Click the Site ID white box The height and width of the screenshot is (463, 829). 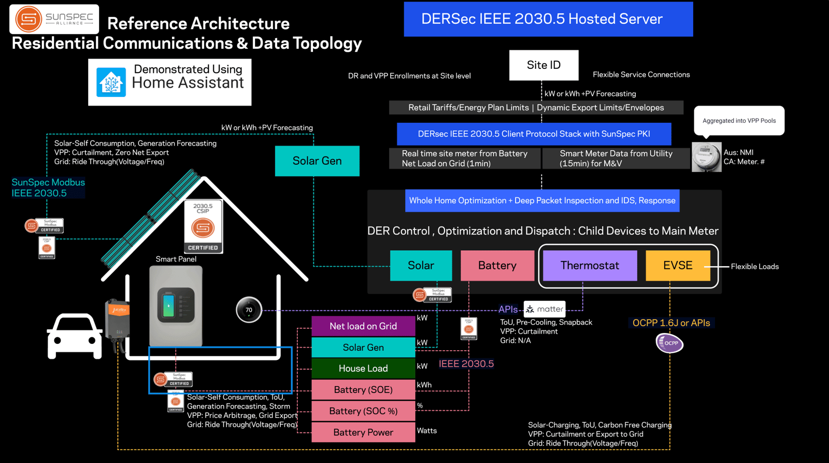[x=544, y=65]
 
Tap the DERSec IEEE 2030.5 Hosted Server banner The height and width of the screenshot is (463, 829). [x=548, y=19]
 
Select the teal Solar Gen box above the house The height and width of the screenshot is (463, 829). [x=317, y=161]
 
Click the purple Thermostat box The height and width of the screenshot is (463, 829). [x=590, y=266]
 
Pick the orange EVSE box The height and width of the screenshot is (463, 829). [x=678, y=266]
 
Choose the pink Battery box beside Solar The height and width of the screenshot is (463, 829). [x=497, y=266]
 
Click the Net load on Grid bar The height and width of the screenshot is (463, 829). [x=363, y=326]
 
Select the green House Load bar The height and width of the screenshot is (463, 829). [x=363, y=369]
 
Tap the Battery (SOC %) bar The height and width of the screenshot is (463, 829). [x=363, y=411]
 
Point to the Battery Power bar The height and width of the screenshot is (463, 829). [x=363, y=432]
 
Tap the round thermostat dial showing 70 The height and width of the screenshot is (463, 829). [x=249, y=310]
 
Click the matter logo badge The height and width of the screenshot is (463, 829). [x=545, y=309]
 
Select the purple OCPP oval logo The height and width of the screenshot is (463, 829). [x=669, y=343]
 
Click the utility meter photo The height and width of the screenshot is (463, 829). [x=706, y=157]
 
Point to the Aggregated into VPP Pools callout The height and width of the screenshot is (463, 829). [x=739, y=121]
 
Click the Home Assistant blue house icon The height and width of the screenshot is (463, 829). [x=111, y=82]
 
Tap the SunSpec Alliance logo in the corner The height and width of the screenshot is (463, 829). [x=54, y=19]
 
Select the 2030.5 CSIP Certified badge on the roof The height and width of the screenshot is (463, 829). [x=203, y=227]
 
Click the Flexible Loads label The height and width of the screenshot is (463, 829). [x=754, y=267]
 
